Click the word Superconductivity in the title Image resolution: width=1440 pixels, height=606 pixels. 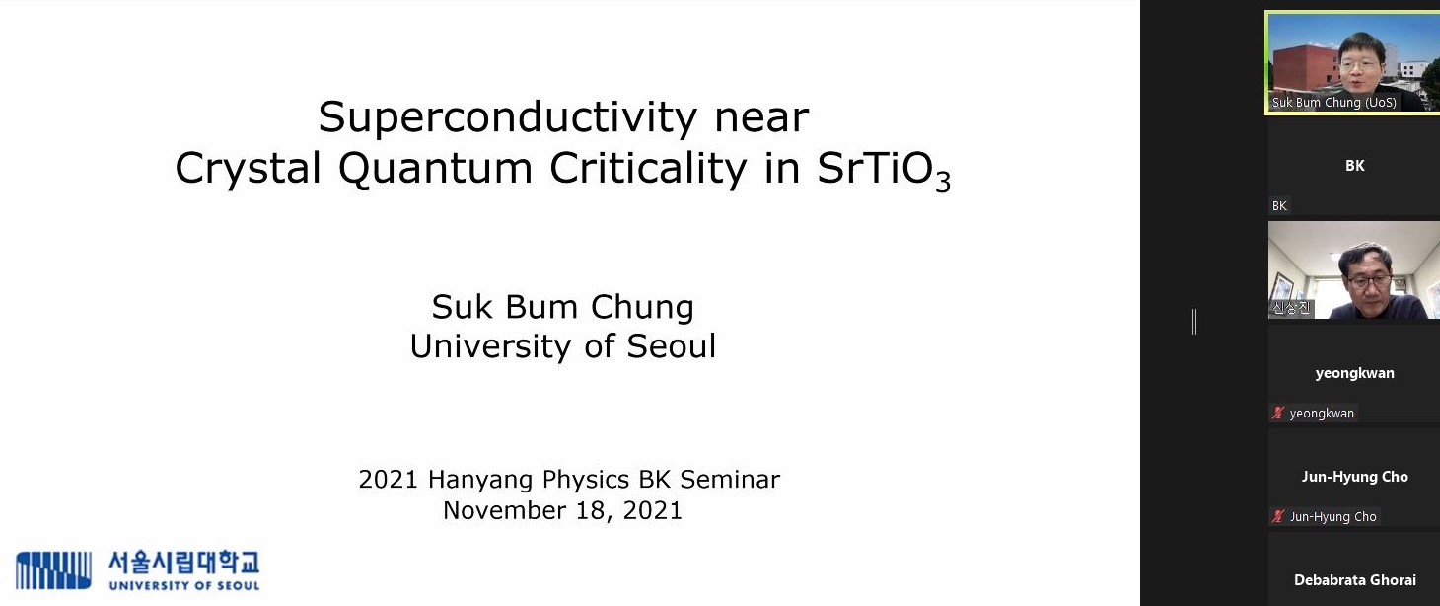pos(508,118)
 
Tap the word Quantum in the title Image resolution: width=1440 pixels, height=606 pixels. pos(435,169)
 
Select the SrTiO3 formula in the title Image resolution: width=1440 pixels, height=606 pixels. pos(884,171)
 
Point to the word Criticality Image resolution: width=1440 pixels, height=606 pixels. pos(648,169)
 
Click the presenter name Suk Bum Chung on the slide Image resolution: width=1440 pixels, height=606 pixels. pos(562,307)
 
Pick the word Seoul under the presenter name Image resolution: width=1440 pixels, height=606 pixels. pos(671,346)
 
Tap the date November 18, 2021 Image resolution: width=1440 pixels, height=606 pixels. pos(562,510)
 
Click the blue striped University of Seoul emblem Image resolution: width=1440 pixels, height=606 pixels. pos(53,569)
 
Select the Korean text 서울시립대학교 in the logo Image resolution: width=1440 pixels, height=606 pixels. pos(183,563)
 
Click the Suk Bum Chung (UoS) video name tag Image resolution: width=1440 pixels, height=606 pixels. pos(1333,103)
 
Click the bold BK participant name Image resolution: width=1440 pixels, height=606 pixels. pos(1354,166)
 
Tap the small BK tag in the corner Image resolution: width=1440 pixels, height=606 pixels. pos(1279,206)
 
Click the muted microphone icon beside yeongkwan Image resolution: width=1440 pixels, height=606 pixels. pos(1278,413)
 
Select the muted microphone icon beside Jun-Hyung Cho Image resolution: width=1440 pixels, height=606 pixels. pos(1278,516)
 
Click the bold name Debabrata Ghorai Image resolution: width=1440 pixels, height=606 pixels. pos(1354,580)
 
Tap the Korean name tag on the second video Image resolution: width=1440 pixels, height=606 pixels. pos(1291,308)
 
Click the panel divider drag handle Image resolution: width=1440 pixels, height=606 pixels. pos(1193,321)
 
